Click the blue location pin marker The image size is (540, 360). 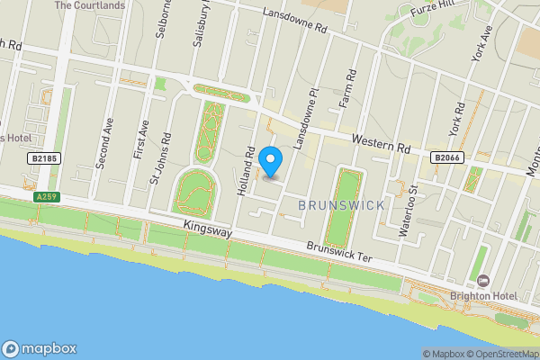point(271,162)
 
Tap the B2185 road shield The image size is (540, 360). point(44,158)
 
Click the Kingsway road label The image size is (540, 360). point(208,231)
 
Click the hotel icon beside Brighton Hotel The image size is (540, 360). point(483,283)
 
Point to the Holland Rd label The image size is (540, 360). point(247,172)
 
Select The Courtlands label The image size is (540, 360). point(90,4)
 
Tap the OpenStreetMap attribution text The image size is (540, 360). point(499,354)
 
